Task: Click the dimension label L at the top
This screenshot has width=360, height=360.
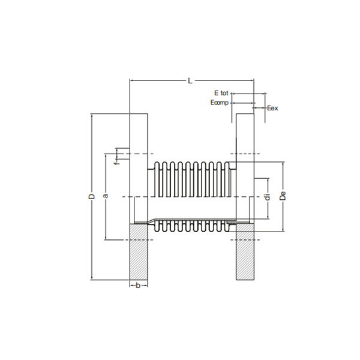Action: [x=190, y=80]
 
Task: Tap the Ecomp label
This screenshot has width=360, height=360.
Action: [x=220, y=103]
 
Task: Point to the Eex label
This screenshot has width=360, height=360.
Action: [x=272, y=109]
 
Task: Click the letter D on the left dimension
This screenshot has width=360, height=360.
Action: [x=92, y=196]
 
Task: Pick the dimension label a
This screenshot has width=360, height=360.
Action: [x=106, y=196]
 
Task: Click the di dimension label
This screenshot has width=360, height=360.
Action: [x=268, y=196]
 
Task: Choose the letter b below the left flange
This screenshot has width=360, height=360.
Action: [x=139, y=286]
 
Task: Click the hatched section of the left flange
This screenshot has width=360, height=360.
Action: [x=139, y=251]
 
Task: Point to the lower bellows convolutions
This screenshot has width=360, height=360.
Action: [x=192, y=226]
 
